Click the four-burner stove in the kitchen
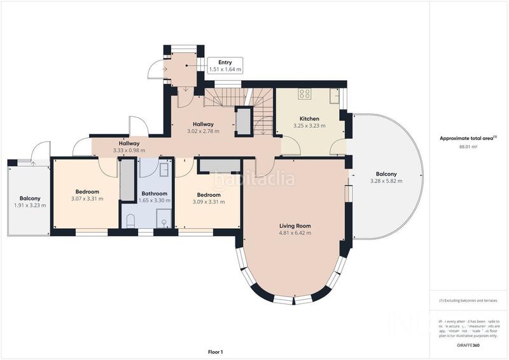[x=304, y=94]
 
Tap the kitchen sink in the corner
[x=334, y=95]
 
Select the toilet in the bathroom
[x=130, y=220]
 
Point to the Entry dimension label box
[x=225, y=66]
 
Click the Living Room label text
[x=295, y=226]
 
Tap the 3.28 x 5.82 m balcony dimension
[x=386, y=181]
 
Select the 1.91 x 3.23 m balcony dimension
[x=30, y=205]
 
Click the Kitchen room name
[x=309, y=119]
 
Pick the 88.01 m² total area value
[x=468, y=146]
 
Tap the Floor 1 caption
[x=216, y=352]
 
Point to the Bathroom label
[x=155, y=193]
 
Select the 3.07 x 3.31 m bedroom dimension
[x=87, y=198]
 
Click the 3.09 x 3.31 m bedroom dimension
[x=209, y=202]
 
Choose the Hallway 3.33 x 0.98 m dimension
[x=129, y=151]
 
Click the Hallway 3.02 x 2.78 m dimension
[x=203, y=131]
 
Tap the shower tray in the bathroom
[x=164, y=222]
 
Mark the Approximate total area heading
[x=468, y=138]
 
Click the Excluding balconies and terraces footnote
[x=468, y=300]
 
